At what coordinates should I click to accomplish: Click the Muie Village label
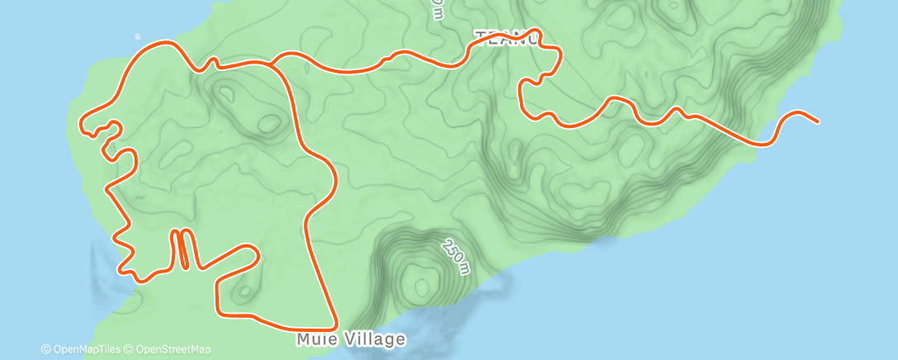[351, 339]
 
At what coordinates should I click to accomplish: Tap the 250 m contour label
[455, 257]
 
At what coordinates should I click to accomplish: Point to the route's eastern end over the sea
[817, 121]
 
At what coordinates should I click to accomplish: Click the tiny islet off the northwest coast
[137, 37]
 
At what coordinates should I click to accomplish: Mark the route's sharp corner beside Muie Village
[335, 326]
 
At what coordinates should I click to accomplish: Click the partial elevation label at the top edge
[437, 8]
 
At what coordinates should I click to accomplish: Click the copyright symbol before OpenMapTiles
[46, 349]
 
